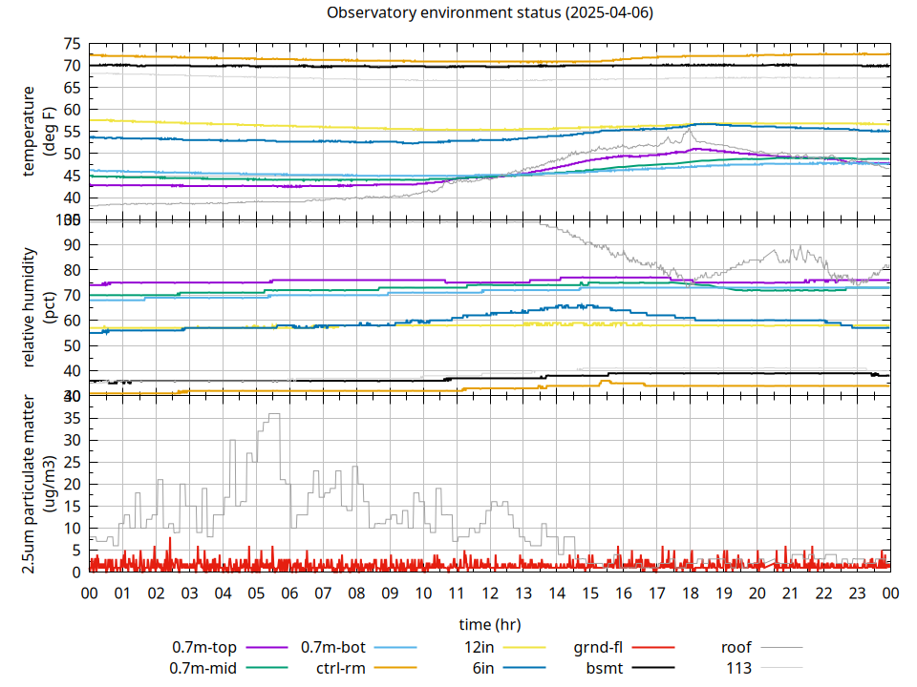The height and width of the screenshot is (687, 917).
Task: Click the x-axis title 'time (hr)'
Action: point(489,624)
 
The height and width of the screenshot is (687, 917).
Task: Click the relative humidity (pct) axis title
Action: point(37,305)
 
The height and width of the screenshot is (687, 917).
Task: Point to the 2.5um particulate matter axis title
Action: point(37,484)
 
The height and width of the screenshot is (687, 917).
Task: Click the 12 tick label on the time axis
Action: point(490,593)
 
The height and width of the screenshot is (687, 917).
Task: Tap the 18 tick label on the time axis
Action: point(691,593)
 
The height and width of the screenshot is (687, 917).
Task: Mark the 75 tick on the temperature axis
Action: point(72,44)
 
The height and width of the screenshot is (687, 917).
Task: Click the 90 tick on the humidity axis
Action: point(72,244)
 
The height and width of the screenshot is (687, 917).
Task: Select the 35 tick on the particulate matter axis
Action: point(72,418)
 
